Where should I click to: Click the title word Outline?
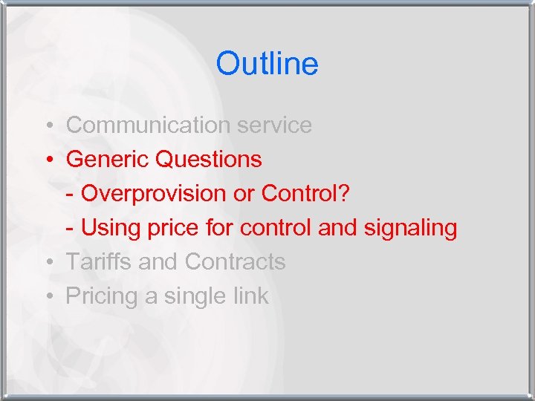click(267, 64)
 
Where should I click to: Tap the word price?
click(178, 227)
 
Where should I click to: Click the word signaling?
click(410, 227)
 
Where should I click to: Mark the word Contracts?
click(235, 261)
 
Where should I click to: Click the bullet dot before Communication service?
click(47, 125)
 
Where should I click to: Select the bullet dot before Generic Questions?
click(47, 160)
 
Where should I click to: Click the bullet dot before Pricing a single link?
click(47, 296)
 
